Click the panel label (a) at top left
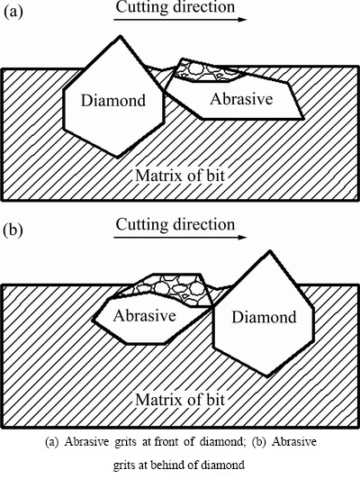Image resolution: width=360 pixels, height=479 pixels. tap(13, 13)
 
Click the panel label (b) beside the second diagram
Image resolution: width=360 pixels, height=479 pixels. tap(13, 230)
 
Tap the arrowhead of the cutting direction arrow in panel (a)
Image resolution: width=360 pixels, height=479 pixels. tap(242, 20)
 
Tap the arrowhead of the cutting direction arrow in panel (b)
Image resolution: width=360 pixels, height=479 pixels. tap(242, 238)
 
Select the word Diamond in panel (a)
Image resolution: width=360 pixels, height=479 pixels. tap(113, 100)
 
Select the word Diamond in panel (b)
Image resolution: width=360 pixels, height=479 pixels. tap(264, 317)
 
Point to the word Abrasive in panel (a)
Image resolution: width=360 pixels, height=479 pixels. tap(241, 99)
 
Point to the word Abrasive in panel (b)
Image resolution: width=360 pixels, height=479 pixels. tap(144, 315)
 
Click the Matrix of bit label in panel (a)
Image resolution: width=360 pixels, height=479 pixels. tap(180, 176)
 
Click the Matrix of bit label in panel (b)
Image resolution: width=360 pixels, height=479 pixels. tap(180, 399)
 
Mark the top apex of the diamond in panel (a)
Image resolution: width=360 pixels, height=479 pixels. tap(121, 36)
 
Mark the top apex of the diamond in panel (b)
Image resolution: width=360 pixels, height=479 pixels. tap(270, 251)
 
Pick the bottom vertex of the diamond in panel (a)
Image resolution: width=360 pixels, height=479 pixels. tap(118, 157)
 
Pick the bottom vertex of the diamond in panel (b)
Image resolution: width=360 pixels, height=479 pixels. tap(268, 376)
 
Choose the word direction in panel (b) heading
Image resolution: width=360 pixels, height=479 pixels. tap(204, 224)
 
